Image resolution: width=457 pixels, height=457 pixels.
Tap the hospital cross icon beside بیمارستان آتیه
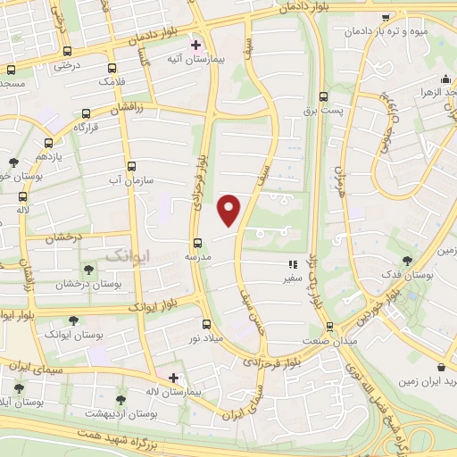(195, 45)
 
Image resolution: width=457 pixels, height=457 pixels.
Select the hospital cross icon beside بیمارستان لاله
(173, 378)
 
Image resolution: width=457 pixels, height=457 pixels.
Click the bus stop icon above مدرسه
(197, 243)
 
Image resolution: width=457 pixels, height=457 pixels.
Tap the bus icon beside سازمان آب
(132, 166)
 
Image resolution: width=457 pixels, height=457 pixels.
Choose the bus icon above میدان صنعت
(329, 326)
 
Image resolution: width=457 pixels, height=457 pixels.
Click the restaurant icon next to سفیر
(292, 264)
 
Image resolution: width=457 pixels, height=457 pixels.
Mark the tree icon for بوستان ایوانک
(73, 320)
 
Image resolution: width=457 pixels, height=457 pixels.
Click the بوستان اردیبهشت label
(121, 414)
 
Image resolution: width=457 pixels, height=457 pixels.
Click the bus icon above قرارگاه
(86, 113)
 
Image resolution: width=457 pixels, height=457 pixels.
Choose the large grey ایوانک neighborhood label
(128, 255)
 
